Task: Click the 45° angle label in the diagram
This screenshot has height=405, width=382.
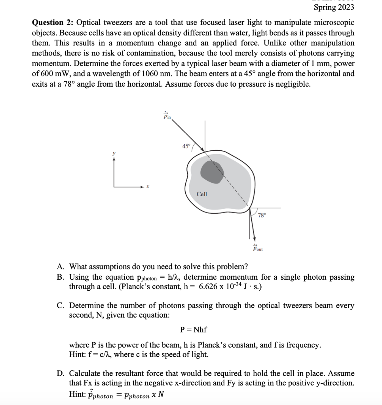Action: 186,146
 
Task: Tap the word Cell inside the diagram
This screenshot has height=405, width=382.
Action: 202,194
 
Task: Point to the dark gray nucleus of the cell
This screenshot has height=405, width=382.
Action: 213,170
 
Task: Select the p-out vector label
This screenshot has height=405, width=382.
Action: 258,248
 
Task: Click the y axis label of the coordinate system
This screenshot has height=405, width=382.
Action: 114,152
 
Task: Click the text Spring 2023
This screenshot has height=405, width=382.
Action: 334,7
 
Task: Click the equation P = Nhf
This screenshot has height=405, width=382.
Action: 193,329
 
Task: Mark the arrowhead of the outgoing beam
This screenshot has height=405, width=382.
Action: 254,238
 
